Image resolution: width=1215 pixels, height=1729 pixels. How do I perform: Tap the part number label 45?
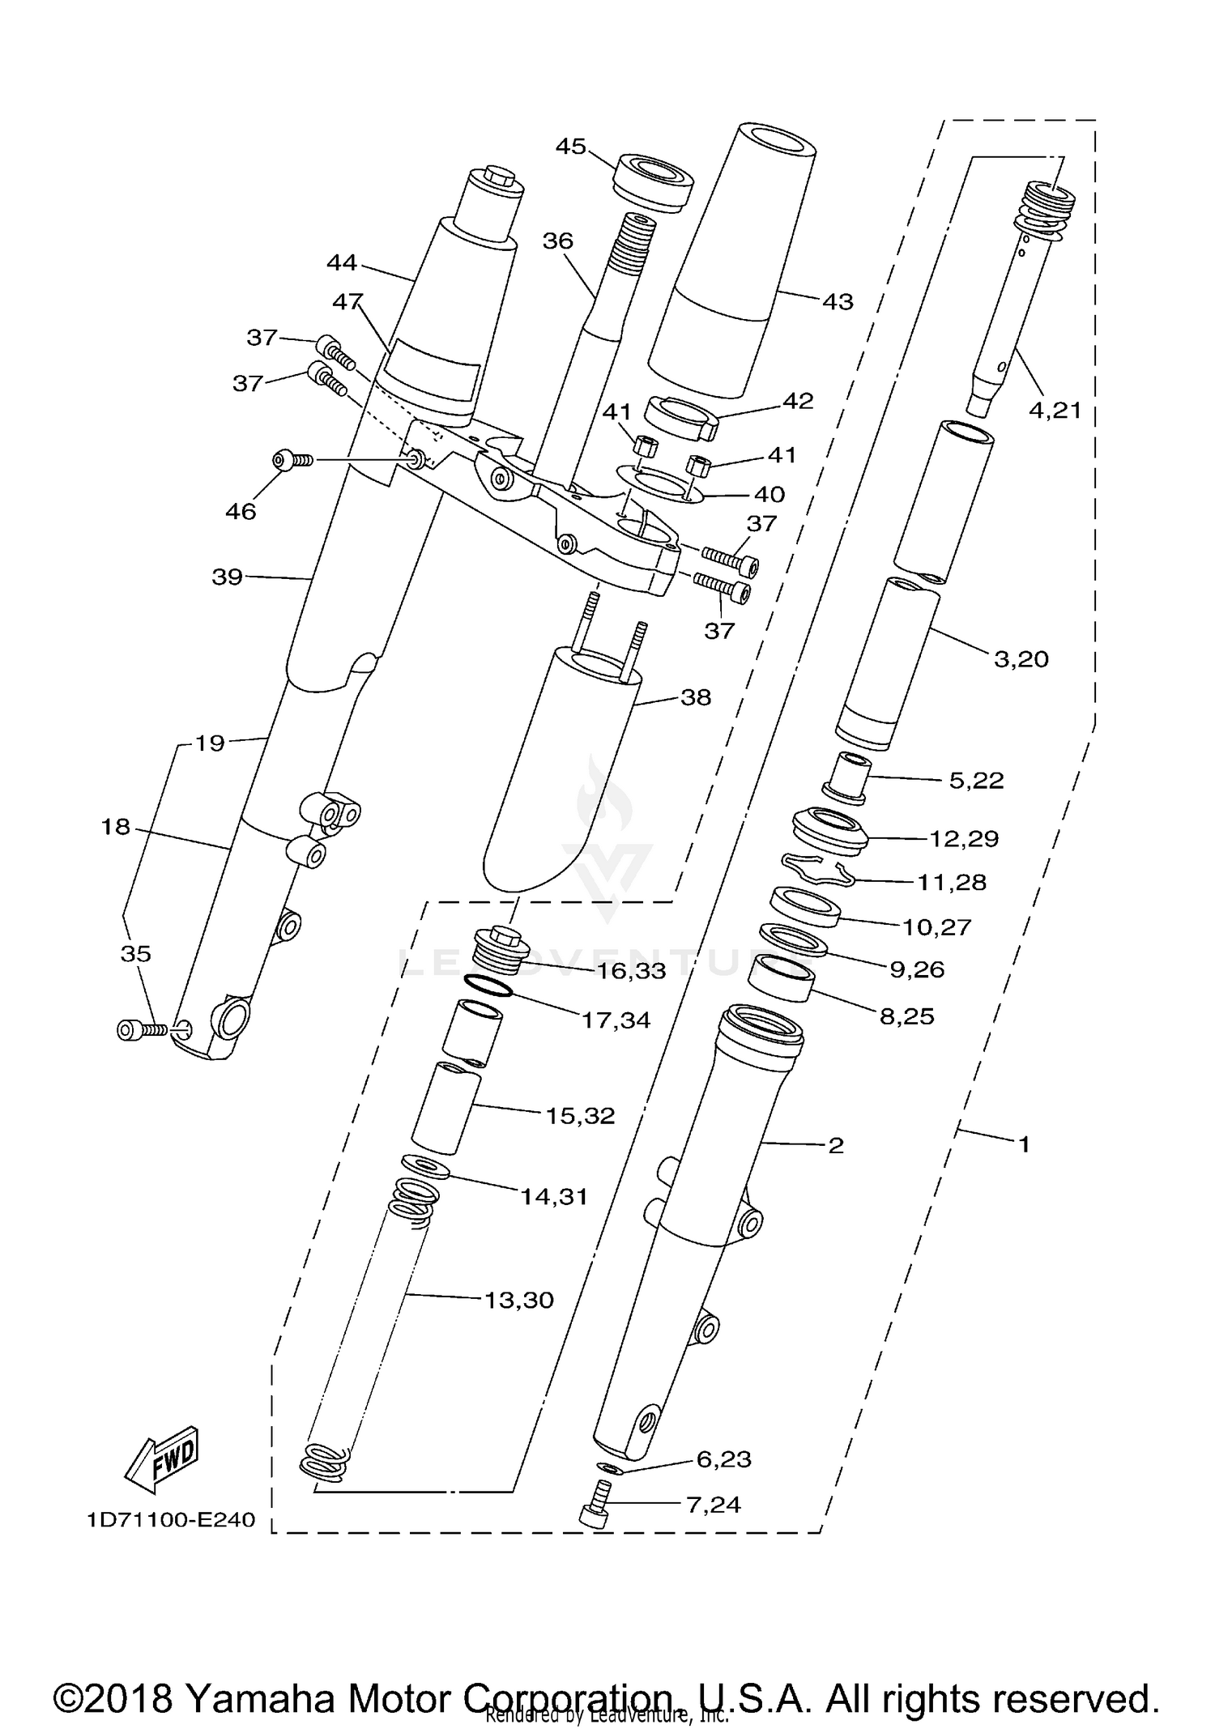pyautogui.click(x=571, y=147)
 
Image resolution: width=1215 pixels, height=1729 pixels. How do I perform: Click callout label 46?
pyautogui.click(x=241, y=511)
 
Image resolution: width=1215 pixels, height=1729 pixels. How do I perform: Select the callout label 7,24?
pyautogui.click(x=713, y=1505)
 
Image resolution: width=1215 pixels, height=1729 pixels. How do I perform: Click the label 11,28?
pyautogui.click(x=952, y=882)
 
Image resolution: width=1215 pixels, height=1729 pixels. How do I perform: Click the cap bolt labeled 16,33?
pyautogui.click(x=500, y=948)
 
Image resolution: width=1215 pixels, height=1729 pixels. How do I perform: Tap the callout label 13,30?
pyautogui.click(x=518, y=1300)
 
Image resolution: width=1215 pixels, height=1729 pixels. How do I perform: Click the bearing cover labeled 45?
pyautogui.click(x=654, y=182)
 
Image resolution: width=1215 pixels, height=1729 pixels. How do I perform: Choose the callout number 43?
pyautogui.click(x=838, y=302)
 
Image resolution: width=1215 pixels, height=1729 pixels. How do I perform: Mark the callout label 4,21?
pyautogui.click(x=1055, y=411)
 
